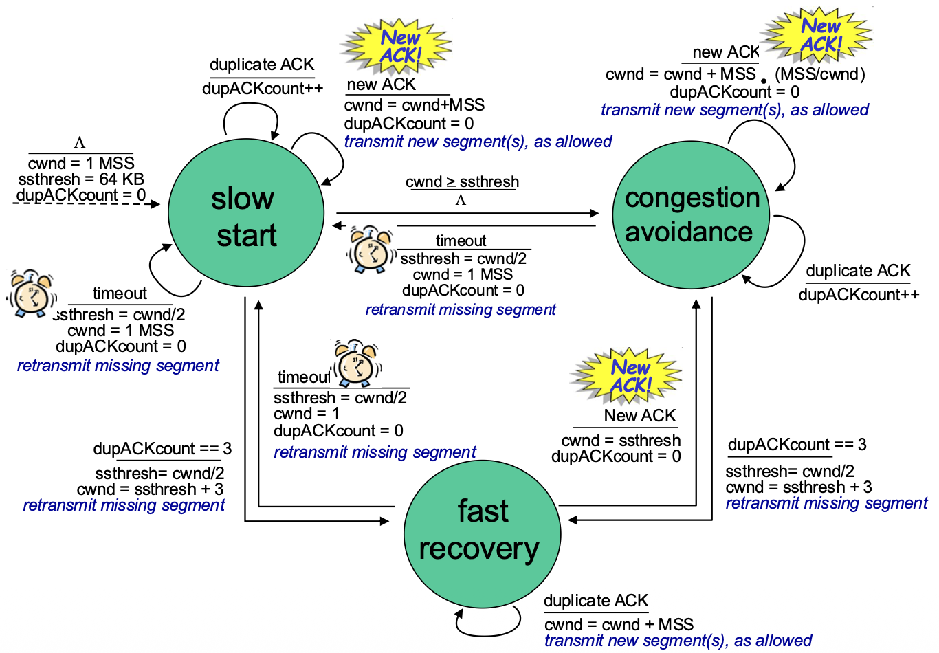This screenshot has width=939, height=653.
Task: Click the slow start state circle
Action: click(x=246, y=213)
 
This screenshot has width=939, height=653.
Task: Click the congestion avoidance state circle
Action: click(x=691, y=214)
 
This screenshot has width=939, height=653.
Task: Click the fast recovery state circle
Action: click(x=482, y=534)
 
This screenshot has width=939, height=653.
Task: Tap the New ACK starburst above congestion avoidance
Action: click(x=817, y=34)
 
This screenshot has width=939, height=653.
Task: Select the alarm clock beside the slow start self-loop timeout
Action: click(x=32, y=293)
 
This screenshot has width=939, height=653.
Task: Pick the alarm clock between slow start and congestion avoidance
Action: click(x=371, y=250)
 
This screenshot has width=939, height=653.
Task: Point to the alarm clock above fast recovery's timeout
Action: click(x=357, y=363)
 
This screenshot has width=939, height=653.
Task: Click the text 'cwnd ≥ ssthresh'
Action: click(x=462, y=182)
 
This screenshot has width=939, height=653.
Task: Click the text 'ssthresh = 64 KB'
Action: click(x=81, y=179)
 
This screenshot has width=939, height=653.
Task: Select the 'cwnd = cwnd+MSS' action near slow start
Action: click(x=415, y=104)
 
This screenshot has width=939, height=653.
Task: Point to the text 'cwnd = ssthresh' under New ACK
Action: click(x=621, y=441)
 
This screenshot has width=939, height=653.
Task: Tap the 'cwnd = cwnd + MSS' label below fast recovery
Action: click(x=619, y=624)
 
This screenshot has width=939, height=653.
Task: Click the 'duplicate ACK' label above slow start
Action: click(x=262, y=65)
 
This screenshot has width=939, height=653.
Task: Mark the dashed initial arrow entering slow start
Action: click(x=86, y=204)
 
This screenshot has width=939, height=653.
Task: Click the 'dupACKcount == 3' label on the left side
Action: click(x=162, y=449)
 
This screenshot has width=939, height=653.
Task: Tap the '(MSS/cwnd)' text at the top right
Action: click(x=819, y=74)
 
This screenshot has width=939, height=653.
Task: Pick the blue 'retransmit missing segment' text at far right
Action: click(x=827, y=503)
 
